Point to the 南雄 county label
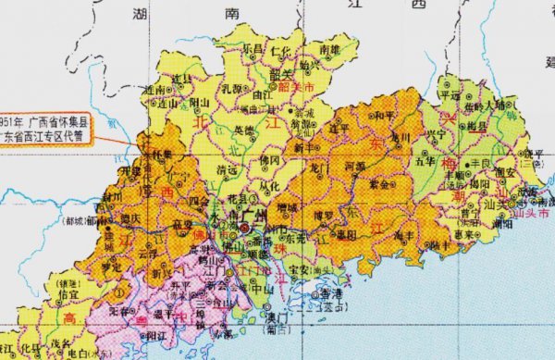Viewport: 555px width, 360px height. click(329, 48)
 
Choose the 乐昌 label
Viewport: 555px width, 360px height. click(253, 47)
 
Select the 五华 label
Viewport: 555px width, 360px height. click(426, 160)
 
